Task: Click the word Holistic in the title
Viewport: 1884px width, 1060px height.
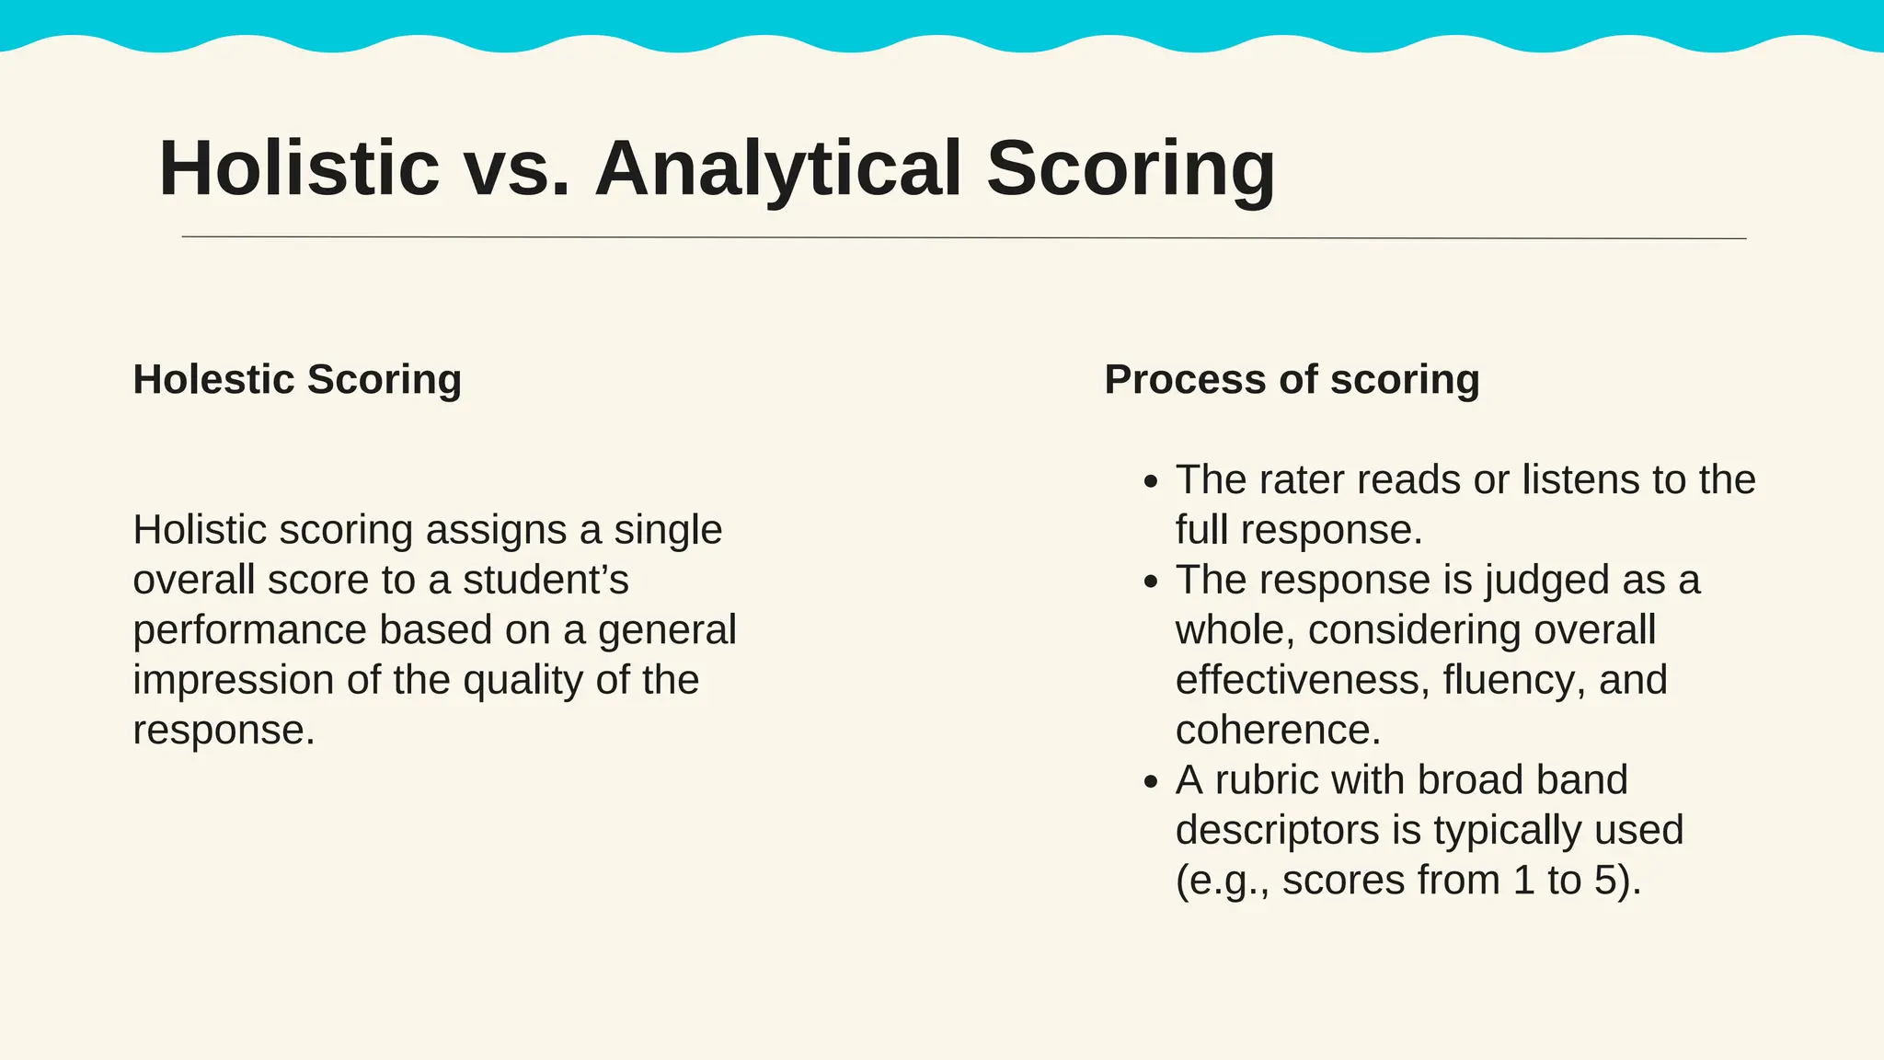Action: coord(299,168)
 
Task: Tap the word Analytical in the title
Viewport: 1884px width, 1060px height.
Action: coord(778,168)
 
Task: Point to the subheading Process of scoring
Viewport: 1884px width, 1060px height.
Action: coord(1292,379)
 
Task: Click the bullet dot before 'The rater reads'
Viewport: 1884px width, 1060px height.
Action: coord(1150,482)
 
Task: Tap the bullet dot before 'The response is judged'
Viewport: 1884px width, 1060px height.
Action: coord(1150,582)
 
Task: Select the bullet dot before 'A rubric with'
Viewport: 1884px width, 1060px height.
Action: coord(1150,782)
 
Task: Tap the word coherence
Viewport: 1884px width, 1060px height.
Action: coord(1278,731)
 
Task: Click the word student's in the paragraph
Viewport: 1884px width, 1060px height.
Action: coord(546,581)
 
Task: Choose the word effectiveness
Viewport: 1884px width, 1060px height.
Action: coord(1303,680)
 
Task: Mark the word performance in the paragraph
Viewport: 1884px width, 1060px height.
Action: coord(249,630)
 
